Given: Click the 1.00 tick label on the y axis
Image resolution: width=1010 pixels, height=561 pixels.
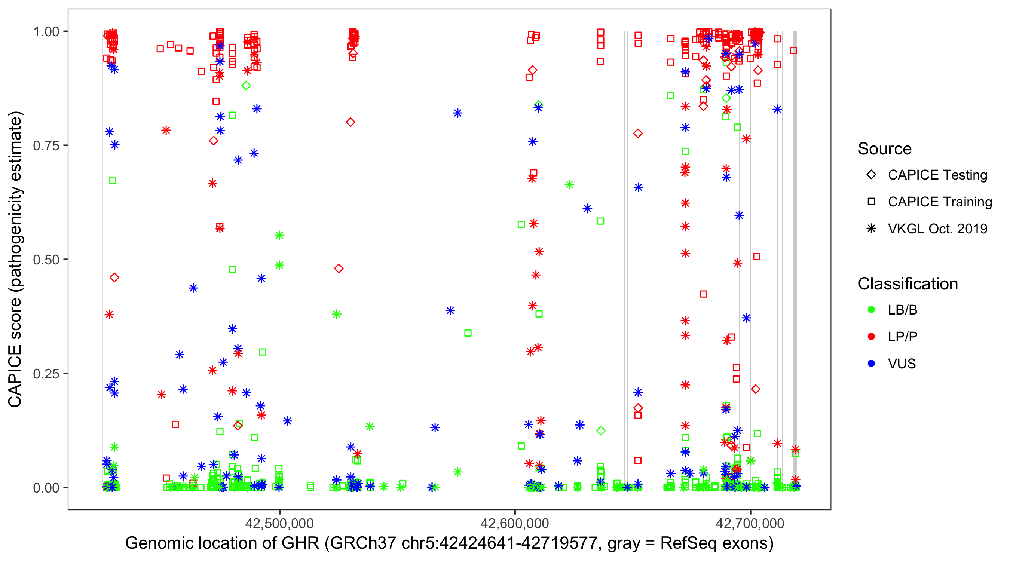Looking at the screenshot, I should point(46,32).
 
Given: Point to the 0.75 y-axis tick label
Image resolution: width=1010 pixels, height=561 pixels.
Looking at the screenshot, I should point(46,146).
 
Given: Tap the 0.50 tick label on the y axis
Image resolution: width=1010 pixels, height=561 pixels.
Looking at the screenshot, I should point(46,260).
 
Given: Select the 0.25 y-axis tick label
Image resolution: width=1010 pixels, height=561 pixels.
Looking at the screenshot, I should point(46,374).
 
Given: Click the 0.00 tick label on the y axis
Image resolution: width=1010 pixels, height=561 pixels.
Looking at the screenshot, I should point(46,488).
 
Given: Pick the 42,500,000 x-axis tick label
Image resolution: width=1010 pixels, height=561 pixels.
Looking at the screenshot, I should point(279,523).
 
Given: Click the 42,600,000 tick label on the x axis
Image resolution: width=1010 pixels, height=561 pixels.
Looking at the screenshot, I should point(515,523).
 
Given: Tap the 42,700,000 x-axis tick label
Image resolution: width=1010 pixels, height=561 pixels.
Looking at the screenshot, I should point(750,523).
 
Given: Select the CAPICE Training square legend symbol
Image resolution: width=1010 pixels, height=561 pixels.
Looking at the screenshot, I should point(871,202).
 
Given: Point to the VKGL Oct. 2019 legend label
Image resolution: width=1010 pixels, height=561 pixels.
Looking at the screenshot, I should point(937,229).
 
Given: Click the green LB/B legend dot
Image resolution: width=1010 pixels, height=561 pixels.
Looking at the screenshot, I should point(871,310).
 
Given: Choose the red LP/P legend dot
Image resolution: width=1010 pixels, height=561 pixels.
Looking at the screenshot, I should point(871,337).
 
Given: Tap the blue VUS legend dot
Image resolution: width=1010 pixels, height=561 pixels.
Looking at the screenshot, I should point(871,364).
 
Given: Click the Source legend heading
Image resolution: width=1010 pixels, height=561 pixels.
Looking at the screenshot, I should point(885,149).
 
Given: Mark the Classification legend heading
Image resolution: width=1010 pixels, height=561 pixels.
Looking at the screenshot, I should point(908,284).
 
